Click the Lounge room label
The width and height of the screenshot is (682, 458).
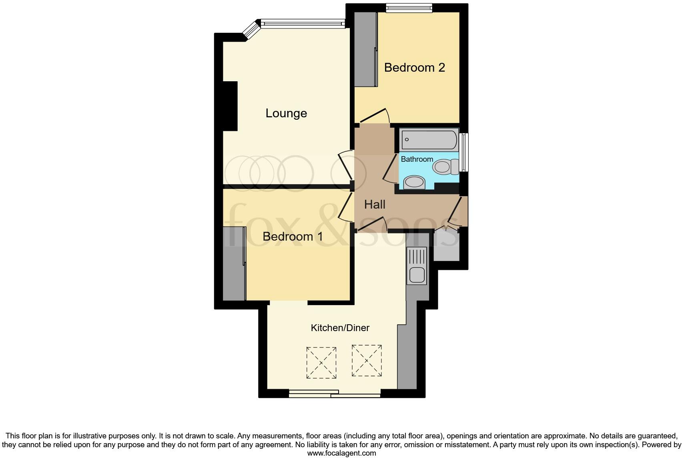[286, 113]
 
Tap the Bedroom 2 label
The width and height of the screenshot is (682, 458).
[414, 67]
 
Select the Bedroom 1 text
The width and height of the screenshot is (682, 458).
[293, 236]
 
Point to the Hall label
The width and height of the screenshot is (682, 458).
[375, 205]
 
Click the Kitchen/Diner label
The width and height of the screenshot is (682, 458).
[340, 328]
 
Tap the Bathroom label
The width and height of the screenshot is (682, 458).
[417, 159]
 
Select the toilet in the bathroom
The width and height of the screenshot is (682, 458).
[445, 167]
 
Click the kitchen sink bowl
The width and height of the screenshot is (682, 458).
[417, 275]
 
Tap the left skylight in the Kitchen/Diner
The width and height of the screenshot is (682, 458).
[321, 363]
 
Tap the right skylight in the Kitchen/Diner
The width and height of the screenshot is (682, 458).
[367, 360]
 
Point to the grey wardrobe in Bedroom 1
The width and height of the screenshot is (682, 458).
[234, 263]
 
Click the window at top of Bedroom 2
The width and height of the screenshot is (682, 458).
[409, 8]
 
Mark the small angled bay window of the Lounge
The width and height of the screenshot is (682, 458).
[252, 29]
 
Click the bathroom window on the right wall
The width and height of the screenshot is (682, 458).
[464, 152]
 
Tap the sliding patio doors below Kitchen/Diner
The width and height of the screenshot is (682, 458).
[335, 394]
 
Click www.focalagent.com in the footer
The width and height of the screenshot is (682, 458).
[341, 453]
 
